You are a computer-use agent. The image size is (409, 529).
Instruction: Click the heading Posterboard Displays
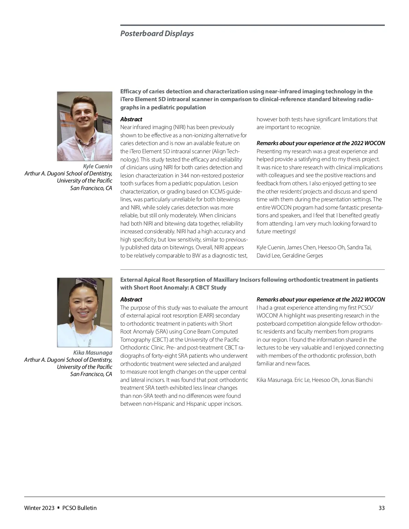click(157, 33)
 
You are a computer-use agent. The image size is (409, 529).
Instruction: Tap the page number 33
click(381, 508)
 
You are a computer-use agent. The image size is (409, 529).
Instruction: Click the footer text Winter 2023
click(39, 508)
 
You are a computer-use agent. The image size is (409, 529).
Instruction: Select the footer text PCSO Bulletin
click(79, 508)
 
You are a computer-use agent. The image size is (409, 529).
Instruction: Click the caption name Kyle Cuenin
click(97, 166)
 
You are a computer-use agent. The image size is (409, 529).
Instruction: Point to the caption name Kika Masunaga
click(93, 353)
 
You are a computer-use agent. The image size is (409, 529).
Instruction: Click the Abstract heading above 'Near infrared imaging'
click(131, 119)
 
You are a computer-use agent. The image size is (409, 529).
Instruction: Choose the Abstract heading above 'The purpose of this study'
click(131, 299)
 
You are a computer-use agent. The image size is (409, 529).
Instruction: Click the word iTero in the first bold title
click(128, 99)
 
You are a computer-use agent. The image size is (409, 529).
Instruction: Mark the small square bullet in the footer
click(59, 508)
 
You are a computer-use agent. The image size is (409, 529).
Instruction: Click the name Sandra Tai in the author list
click(359, 247)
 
